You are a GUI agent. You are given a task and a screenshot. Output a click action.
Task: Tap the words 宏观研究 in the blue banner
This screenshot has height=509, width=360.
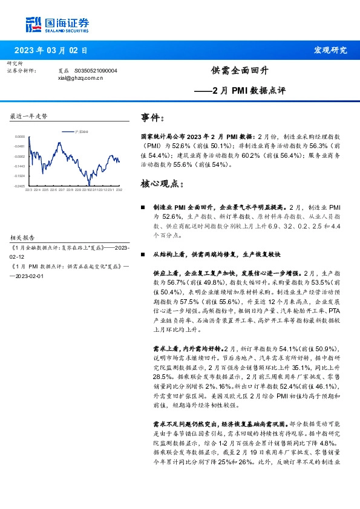point(330,50)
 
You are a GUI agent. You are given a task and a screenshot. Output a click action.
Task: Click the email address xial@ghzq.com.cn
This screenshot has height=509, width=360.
point(80,77)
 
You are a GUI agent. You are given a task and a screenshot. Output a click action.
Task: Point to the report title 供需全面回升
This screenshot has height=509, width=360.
point(240,71)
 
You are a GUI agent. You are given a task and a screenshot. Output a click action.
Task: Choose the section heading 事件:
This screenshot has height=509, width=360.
point(152,117)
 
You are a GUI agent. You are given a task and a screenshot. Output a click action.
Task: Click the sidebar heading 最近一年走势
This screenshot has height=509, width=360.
point(28,115)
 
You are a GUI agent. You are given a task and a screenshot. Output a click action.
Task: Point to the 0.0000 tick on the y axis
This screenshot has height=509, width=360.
point(20,137)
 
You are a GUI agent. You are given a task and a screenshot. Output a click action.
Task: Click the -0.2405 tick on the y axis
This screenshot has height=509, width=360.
point(20,186)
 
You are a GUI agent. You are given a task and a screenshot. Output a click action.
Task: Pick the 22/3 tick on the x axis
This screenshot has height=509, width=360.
point(28,190)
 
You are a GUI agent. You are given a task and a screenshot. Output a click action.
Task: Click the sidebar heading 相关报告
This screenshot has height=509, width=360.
point(24,238)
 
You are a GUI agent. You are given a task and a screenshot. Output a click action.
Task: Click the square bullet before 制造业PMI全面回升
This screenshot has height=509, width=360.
point(143,207)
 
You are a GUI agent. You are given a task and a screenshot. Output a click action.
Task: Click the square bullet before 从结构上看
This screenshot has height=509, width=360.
point(143,254)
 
